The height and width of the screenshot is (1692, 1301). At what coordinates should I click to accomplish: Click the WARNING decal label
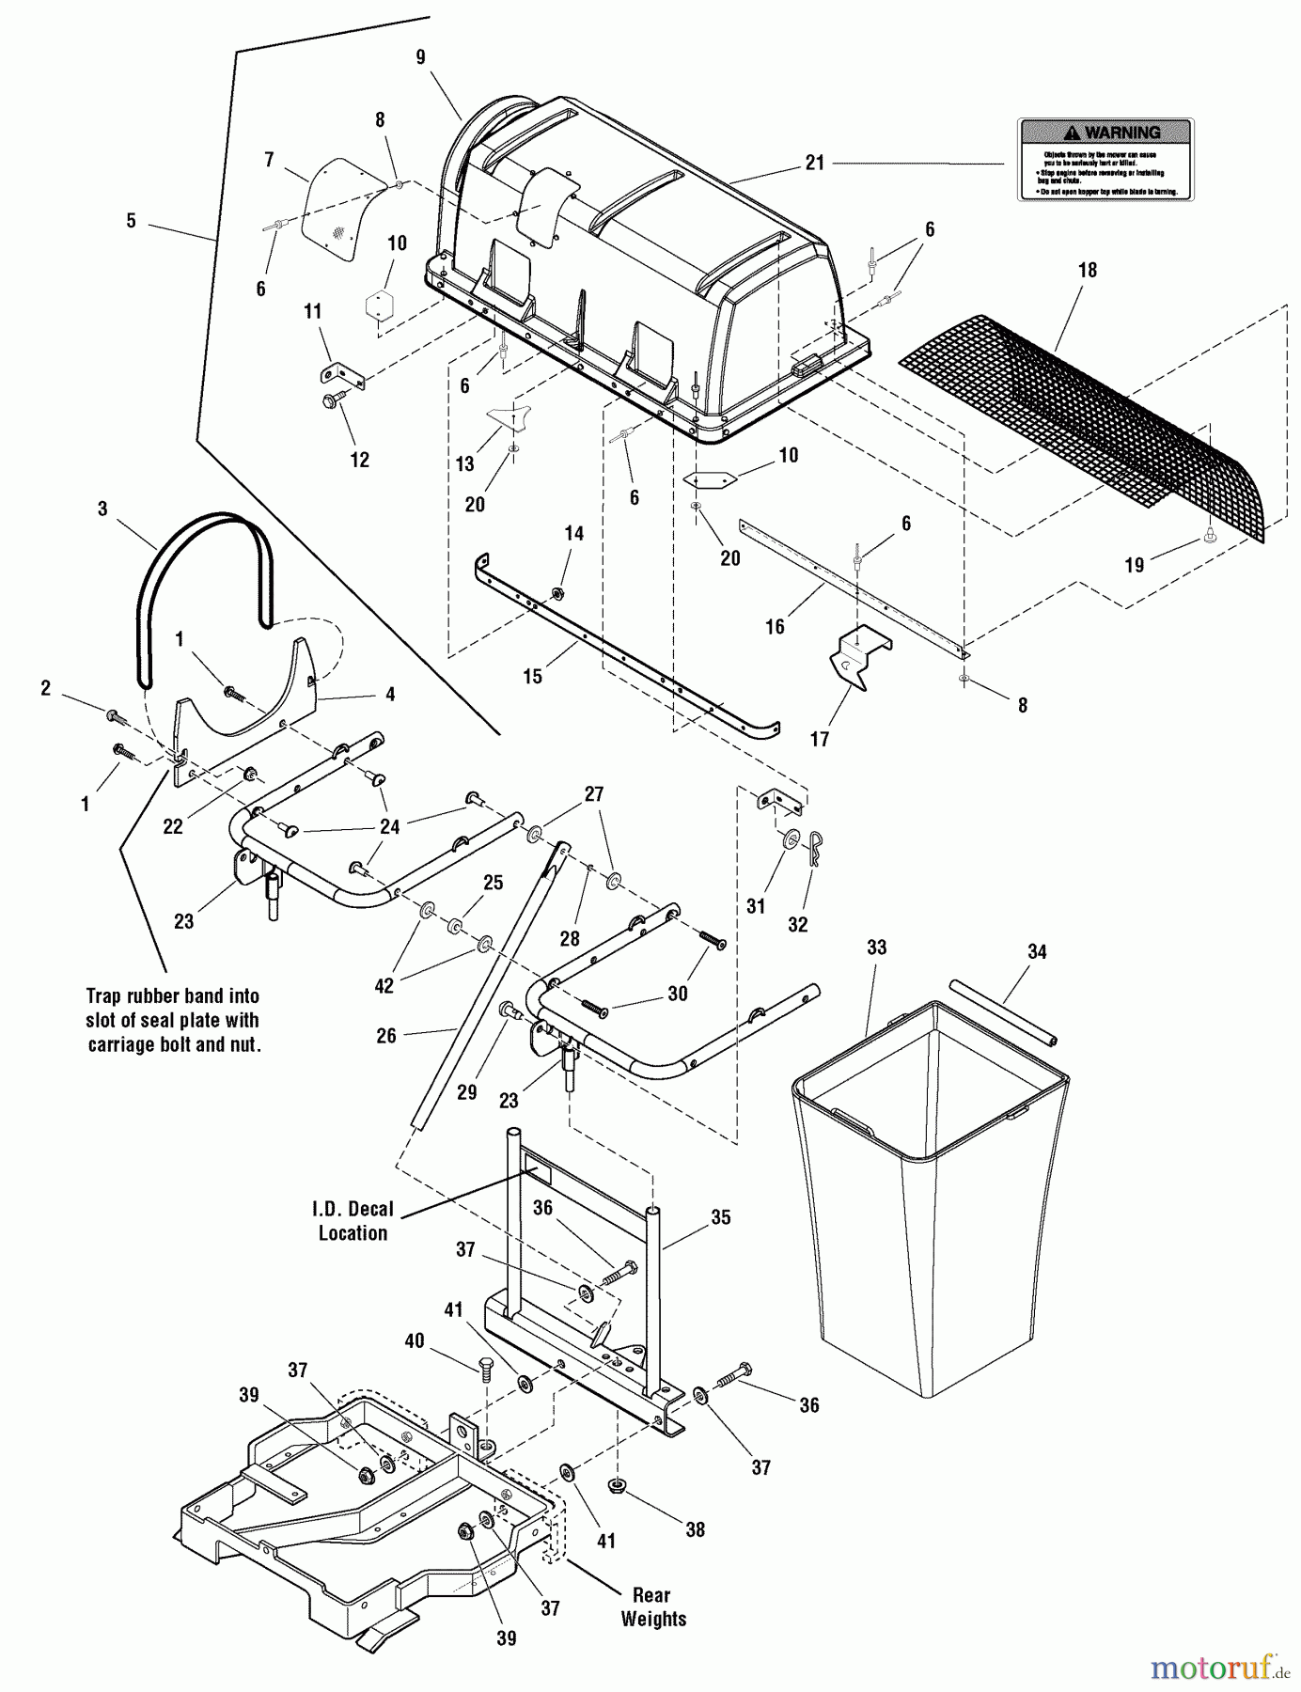1105,159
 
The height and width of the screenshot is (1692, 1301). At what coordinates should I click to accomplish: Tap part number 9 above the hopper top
420,57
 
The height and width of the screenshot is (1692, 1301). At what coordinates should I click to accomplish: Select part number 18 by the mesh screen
1087,271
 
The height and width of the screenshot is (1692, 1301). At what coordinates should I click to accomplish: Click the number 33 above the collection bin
876,948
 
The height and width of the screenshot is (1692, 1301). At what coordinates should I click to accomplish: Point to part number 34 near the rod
1037,952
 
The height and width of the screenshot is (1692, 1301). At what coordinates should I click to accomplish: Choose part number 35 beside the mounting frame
720,1217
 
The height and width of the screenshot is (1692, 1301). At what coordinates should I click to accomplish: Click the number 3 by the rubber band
102,509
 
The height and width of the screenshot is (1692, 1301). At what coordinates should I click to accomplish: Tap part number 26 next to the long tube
386,1036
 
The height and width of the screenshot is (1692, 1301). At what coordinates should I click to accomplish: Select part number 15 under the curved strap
532,677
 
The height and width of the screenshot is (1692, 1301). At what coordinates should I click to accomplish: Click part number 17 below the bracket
820,740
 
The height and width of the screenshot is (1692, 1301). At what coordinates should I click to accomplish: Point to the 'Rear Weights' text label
652,1606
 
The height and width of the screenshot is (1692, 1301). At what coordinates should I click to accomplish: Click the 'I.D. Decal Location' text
353,1221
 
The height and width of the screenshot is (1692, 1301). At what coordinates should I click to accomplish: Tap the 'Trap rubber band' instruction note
172,1020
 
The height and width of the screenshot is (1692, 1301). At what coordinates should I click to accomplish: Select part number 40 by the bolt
415,1341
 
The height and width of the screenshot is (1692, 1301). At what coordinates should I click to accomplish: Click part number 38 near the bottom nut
695,1529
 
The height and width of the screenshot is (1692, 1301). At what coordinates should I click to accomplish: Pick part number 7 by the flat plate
269,160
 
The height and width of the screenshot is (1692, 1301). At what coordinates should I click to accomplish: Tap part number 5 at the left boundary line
131,221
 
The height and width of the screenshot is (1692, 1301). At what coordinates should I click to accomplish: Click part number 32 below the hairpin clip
797,925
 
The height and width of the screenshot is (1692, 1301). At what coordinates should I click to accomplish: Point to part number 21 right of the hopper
814,163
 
